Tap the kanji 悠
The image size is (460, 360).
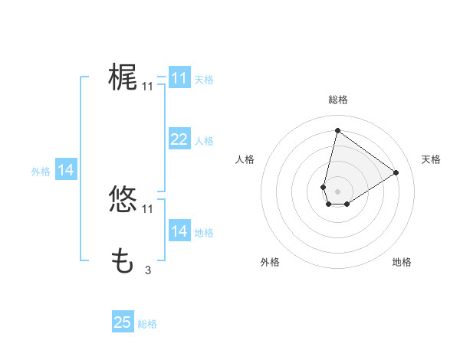pos(123,199)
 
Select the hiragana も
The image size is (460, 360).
pos(123,260)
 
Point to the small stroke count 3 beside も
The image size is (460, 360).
pos(147,270)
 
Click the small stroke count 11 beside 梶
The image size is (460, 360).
pos(147,87)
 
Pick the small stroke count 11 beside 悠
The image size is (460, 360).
pos(147,209)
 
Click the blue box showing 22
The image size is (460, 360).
pos(179,139)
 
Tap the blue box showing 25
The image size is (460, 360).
pos(123,322)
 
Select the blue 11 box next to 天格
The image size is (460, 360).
pos(179,78)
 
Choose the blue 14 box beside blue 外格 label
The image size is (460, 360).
pos(66,171)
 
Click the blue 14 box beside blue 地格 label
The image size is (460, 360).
pos(179,231)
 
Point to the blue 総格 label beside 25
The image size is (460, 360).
pos(148,324)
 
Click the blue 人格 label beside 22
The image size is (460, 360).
pos(204,141)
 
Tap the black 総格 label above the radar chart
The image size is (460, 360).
pos(337,100)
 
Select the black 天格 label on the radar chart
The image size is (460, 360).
pos(431,159)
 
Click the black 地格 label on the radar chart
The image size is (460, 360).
pos(402,263)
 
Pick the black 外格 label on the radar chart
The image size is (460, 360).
pos(270,263)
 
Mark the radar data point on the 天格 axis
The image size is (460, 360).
pos(396,172)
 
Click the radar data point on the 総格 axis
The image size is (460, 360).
pos(337,130)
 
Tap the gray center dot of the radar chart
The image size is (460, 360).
pos(337,191)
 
